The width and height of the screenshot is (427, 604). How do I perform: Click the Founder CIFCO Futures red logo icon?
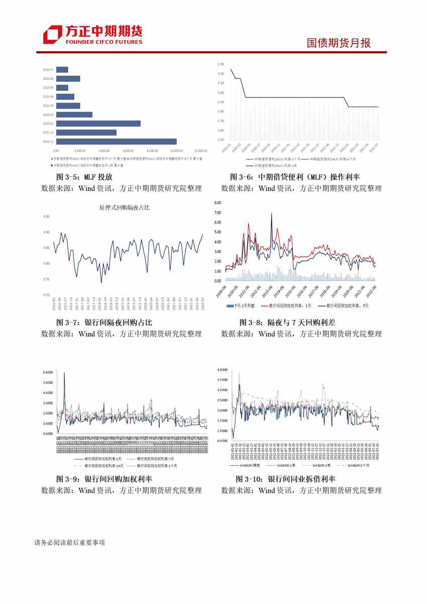click(x=52, y=34)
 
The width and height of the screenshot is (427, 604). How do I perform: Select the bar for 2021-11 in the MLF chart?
click(x=116, y=142)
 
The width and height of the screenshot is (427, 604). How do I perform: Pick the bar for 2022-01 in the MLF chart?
click(x=98, y=124)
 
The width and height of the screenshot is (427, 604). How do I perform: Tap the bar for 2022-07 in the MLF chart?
click(x=62, y=70)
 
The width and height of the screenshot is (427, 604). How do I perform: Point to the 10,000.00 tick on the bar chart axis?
click(x=176, y=151)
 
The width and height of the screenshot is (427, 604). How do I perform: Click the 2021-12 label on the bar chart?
click(x=48, y=133)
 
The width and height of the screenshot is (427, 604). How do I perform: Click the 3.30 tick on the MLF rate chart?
click(x=221, y=64)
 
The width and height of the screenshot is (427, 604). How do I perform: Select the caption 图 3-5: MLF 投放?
click(x=84, y=177)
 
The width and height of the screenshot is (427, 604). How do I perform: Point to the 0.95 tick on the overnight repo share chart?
click(x=47, y=217)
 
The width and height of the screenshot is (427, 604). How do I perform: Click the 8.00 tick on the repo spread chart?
click(x=218, y=203)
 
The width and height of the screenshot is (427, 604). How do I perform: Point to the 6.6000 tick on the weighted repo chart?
click(x=48, y=372)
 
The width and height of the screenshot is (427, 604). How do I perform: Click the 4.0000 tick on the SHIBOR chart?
click(x=222, y=369)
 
